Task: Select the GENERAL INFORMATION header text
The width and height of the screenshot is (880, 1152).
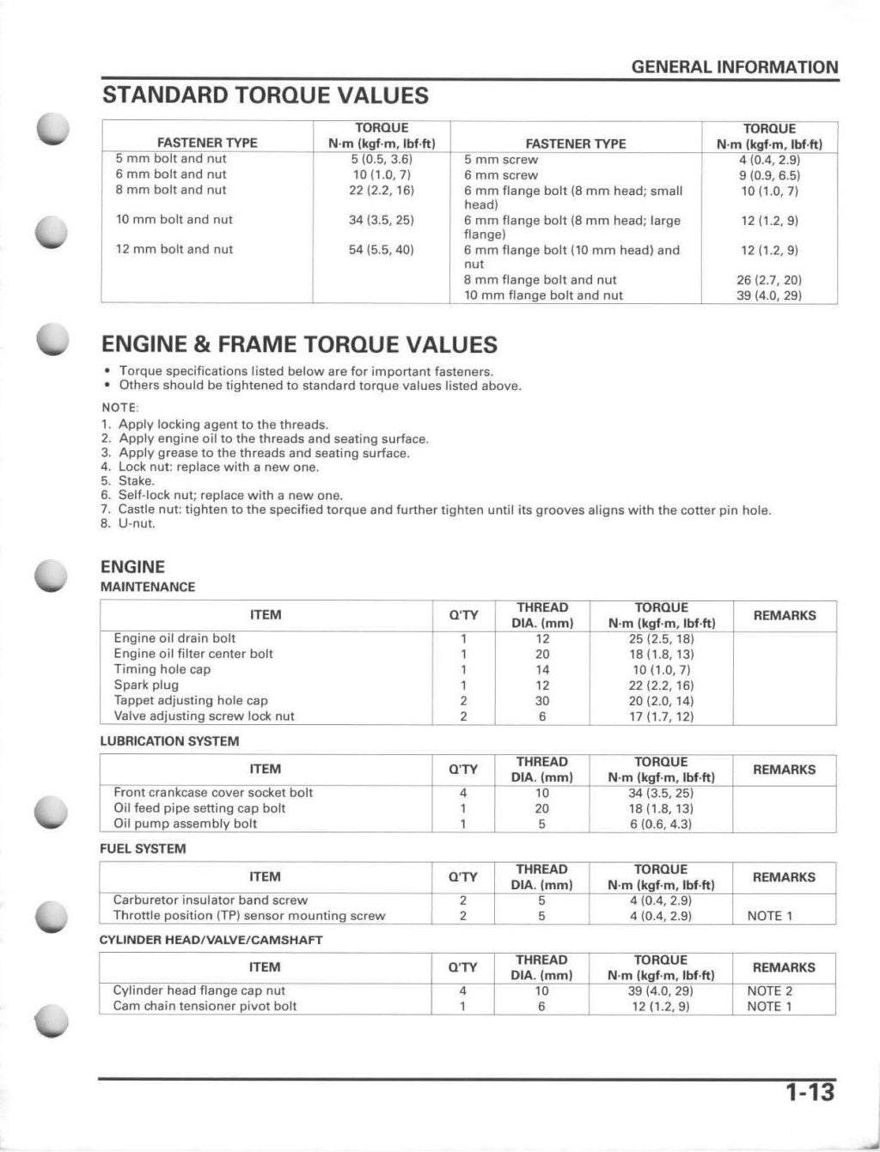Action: click(x=735, y=67)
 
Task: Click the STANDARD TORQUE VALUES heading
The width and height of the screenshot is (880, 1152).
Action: click(x=265, y=94)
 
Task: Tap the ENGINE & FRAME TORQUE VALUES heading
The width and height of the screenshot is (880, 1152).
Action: click(x=299, y=344)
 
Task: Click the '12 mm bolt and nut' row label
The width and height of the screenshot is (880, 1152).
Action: click(x=174, y=249)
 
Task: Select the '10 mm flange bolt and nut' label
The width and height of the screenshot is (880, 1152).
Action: click(x=543, y=295)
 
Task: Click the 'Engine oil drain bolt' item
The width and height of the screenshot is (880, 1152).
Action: click(x=174, y=638)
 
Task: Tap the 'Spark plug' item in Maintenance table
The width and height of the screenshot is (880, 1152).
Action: click(x=146, y=685)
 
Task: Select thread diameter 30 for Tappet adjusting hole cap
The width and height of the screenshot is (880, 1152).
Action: click(x=542, y=700)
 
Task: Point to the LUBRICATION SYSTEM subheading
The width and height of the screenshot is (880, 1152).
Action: click(x=169, y=741)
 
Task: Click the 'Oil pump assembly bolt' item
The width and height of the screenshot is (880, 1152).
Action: click(x=185, y=823)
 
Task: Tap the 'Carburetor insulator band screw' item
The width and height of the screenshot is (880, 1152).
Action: click(x=210, y=899)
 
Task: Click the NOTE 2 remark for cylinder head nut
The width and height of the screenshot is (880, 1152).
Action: click(x=769, y=990)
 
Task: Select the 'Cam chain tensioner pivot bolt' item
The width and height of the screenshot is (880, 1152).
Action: click(x=205, y=1006)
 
